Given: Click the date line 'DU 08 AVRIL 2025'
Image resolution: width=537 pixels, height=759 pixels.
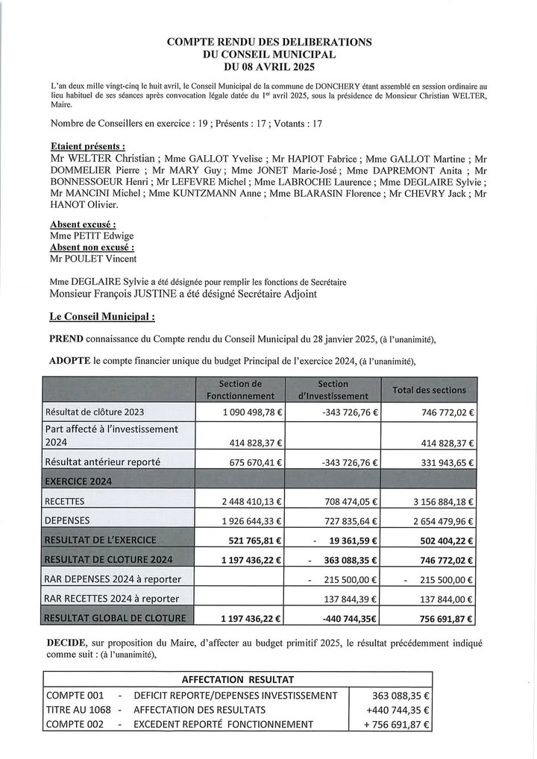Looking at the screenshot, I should (269, 66).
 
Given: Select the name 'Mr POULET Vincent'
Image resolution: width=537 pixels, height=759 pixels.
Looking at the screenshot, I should (93, 258).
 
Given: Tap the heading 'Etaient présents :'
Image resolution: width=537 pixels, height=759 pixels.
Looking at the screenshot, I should (87, 146).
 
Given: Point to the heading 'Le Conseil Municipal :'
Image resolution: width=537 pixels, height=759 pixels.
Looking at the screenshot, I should (102, 317).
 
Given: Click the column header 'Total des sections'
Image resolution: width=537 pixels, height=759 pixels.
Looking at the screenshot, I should (429, 390).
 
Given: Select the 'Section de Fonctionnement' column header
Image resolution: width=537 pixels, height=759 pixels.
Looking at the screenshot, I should (240, 390).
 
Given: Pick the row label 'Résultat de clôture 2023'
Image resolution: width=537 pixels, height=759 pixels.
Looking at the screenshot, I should (95, 412).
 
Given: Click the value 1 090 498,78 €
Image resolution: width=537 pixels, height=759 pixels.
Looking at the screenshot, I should (252, 412).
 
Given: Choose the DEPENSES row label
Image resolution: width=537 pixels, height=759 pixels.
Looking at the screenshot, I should (68, 520).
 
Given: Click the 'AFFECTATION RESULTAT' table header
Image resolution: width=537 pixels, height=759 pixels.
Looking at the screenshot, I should (237, 679).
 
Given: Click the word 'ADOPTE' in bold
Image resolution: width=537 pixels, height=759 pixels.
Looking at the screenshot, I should (70, 362).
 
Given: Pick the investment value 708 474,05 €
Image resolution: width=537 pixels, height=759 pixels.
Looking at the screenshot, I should (348, 502).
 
